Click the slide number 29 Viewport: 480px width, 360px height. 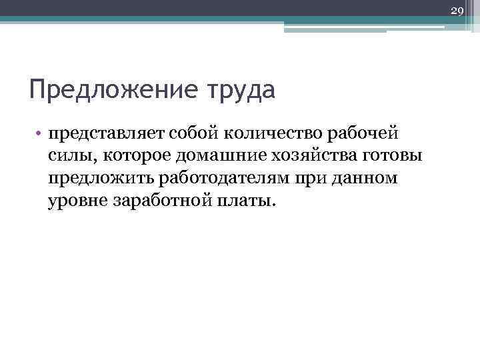tap(457, 10)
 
